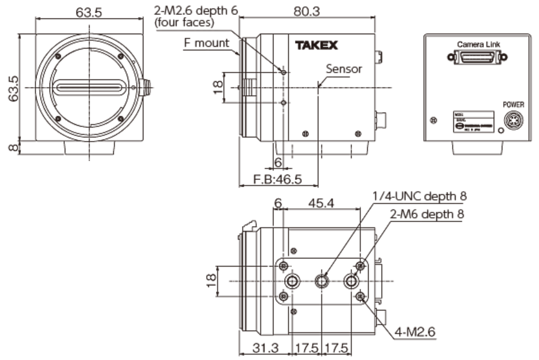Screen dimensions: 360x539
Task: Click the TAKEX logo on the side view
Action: pyautogui.click(x=316, y=45)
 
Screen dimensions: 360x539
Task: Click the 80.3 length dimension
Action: pyautogui.click(x=308, y=9)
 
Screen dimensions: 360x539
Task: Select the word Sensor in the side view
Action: pyautogui.click(x=344, y=69)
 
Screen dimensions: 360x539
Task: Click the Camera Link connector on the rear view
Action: pyautogui.click(x=477, y=57)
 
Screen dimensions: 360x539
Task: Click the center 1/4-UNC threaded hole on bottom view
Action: pyautogui.click(x=322, y=281)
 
